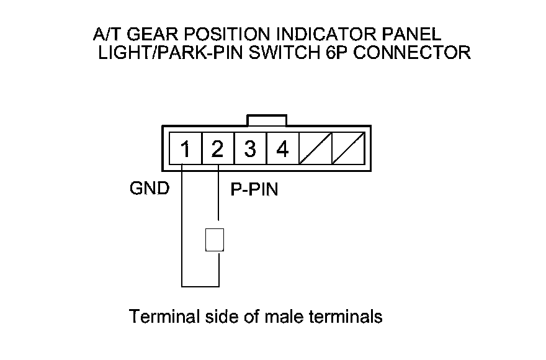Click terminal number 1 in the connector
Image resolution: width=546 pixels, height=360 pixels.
click(x=185, y=149)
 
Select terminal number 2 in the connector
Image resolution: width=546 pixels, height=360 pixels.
click(x=217, y=149)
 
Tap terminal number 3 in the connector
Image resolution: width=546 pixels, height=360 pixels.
click(x=250, y=149)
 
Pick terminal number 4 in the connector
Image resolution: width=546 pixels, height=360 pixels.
click(x=282, y=149)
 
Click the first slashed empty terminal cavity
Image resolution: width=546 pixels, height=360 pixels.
click(x=315, y=149)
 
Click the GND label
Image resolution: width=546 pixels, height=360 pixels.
click(x=149, y=189)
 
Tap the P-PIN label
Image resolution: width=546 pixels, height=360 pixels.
click(x=254, y=190)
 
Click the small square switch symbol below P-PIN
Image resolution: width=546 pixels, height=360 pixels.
click(x=214, y=240)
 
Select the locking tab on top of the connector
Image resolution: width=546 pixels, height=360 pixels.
click(x=267, y=120)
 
